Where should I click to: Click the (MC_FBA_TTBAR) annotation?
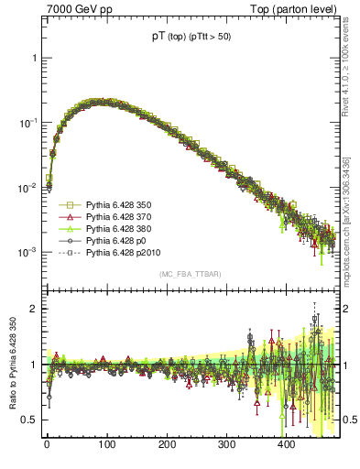191,274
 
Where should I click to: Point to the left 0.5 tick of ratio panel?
29,420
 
